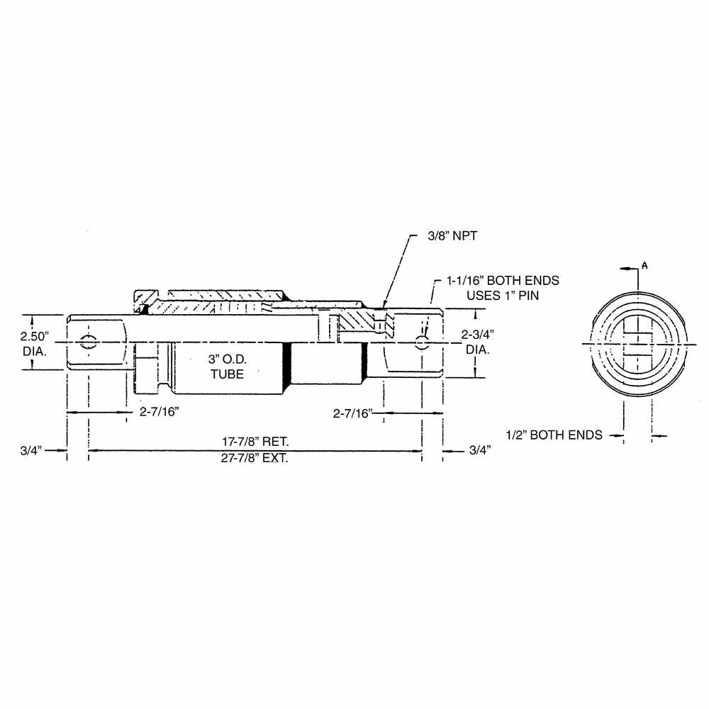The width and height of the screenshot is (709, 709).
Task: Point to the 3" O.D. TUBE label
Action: click(x=228, y=367)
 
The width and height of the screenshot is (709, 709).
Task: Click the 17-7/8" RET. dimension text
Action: click(x=255, y=441)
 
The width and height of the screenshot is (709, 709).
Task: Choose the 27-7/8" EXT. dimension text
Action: click(x=255, y=458)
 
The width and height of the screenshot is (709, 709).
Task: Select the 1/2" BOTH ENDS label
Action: click(x=554, y=435)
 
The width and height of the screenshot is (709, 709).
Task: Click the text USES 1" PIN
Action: click(x=503, y=295)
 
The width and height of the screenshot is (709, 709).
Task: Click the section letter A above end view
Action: click(x=644, y=264)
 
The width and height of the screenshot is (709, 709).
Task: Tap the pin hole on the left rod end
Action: click(x=88, y=341)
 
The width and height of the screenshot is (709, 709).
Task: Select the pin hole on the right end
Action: click(x=422, y=343)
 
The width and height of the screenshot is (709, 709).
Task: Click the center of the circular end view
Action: click(x=638, y=344)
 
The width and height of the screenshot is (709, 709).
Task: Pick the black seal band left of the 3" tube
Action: click(x=287, y=367)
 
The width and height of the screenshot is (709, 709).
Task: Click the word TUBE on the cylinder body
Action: click(x=228, y=374)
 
